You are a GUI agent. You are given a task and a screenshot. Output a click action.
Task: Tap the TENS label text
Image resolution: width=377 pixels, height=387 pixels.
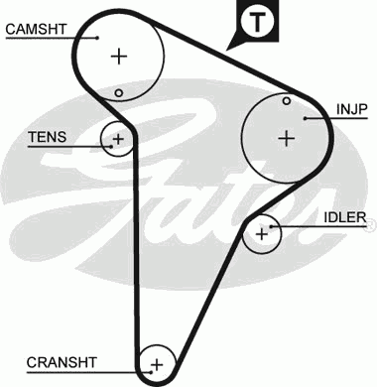[x=48, y=137]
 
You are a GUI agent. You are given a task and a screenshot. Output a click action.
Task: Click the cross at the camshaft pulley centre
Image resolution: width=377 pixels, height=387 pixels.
[x=119, y=56]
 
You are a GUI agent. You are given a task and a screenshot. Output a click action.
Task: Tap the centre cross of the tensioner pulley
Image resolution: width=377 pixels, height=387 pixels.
[x=118, y=138]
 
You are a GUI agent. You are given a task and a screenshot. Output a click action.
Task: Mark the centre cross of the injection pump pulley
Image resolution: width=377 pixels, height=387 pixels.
[x=287, y=137]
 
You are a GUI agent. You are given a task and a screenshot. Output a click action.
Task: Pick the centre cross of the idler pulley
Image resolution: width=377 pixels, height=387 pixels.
[x=262, y=234]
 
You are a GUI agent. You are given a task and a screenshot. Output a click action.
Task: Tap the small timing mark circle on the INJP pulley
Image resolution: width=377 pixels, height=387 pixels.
[x=286, y=100]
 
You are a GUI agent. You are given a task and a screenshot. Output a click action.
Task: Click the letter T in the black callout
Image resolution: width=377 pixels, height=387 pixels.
[x=258, y=21]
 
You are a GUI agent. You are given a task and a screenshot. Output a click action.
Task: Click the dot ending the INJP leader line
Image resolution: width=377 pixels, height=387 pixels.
[x=308, y=118]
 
